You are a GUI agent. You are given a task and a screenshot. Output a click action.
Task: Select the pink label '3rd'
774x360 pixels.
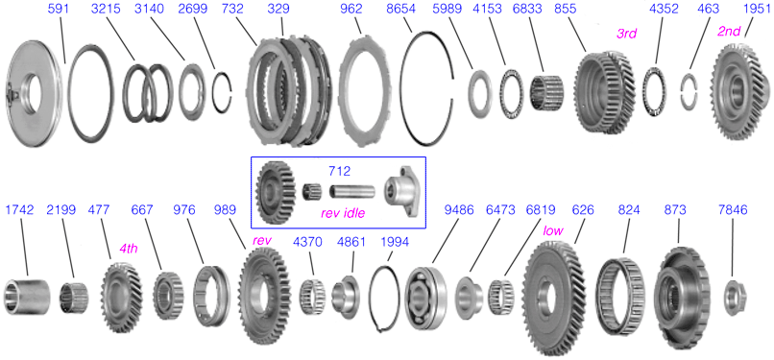click(627, 33)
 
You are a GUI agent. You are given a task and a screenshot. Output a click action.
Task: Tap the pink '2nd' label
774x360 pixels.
click(729, 32)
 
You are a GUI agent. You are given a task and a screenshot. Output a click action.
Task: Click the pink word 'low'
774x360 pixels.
click(553, 230)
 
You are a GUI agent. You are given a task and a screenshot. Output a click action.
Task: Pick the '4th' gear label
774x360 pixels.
click(129, 249)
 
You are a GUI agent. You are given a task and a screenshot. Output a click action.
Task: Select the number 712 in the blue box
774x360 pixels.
click(340, 171)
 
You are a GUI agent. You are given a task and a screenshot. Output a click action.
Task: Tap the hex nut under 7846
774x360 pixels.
click(735, 297)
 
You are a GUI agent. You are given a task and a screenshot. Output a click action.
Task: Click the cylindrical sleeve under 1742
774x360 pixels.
click(27, 297)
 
